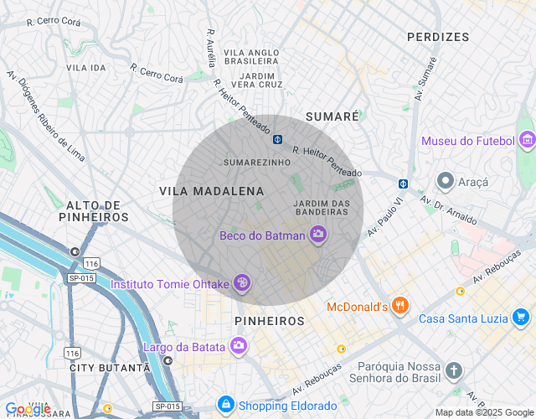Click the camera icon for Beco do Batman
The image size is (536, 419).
(x=318, y=235)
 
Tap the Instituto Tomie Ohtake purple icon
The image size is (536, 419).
(x=241, y=284)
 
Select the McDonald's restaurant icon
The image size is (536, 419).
(x=401, y=307)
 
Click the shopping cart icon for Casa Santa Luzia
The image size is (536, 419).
(x=521, y=318)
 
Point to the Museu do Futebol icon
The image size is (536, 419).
(x=527, y=140)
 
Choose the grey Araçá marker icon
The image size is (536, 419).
(x=445, y=181)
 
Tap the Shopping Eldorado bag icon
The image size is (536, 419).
(x=225, y=405)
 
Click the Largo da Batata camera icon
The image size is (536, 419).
(x=239, y=346)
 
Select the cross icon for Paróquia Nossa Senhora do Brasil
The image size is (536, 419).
(x=453, y=370)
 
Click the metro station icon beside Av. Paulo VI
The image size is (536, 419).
(x=403, y=184)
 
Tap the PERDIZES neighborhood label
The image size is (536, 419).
(x=438, y=37)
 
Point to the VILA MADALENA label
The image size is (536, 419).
(x=212, y=191)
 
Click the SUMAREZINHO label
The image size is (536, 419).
(x=257, y=162)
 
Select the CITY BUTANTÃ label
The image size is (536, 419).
(x=110, y=368)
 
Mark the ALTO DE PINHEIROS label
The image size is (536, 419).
(x=93, y=210)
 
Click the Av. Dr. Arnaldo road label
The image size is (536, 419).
(x=448, y=211)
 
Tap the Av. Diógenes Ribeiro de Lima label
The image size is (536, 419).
(x=46, y=116)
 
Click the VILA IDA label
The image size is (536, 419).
(x=86, y=67)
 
